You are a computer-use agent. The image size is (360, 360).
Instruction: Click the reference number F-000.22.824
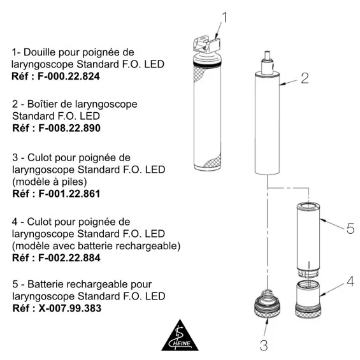[69, 76]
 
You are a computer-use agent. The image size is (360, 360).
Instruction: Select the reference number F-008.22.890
[69, 128]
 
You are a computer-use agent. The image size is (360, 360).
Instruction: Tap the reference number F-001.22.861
[69, 194]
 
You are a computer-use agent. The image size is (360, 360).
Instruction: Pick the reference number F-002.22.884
[69, 258]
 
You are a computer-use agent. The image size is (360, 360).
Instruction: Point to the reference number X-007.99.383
[70, 308]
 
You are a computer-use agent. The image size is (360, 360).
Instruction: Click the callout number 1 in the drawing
[224, 18]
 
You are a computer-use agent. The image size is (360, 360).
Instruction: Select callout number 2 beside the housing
[305, 78]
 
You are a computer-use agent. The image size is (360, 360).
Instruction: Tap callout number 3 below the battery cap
[264, 345]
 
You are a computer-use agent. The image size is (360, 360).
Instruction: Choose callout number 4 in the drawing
[350, 281]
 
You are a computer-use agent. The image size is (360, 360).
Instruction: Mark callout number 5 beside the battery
[350, 229]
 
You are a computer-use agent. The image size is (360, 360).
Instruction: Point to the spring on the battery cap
[266, 296]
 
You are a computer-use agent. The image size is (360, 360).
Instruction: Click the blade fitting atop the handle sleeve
[206, 45]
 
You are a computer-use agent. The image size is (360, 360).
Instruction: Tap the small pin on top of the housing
[267, 55]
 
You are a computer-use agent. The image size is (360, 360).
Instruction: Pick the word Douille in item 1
[40, 52]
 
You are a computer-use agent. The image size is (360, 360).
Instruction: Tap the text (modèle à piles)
[50, 182]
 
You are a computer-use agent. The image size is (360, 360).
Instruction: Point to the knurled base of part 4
[308, 312]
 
